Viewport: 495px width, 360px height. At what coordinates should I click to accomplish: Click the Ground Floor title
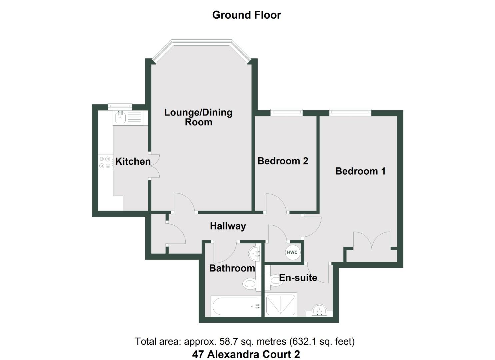tap(246, 15)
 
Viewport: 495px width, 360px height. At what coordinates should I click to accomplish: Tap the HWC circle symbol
tap(292, 252)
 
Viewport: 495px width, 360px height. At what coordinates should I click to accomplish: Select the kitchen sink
tap(120, 117)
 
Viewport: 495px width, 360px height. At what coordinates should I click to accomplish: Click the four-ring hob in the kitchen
tap(105, 162)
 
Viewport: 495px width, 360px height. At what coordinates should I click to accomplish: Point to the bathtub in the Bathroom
tap(235, 306)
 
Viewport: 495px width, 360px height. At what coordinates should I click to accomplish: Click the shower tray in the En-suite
tap(281, 305)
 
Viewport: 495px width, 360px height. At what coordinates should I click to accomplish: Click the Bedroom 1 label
tap(360, 171)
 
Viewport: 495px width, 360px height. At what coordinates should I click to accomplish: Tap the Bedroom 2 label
tap(283, 161)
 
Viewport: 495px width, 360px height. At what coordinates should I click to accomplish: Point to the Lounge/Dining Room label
tap(198, 117)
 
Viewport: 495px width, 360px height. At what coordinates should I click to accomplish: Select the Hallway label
tap(228, 226)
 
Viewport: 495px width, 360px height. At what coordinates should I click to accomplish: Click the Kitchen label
tap(133, 161)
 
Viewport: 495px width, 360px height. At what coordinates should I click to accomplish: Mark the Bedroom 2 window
tap(286, 112)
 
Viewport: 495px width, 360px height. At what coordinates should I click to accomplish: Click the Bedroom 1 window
tap(350, 112)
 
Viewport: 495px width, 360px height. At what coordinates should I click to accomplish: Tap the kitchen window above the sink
tap(120, 106)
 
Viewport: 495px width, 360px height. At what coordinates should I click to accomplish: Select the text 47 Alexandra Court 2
tap(246, 354)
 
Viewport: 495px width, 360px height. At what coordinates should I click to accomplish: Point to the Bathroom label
tap(232, 268)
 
